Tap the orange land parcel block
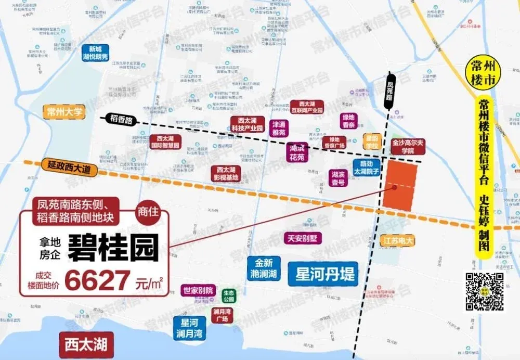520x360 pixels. tap(401, 185)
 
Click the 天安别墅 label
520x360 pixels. tap(303, 238)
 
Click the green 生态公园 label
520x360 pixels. tap(229, 296)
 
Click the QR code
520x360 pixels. tap(484, 291)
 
